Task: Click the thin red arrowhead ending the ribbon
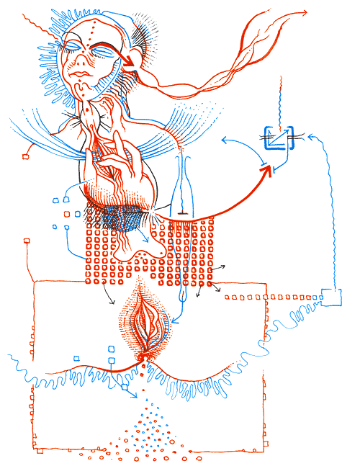click(305, 12)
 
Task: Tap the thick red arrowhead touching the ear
click(130, 63)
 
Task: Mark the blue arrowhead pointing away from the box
click(224, 143)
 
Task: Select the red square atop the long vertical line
click(27, 241)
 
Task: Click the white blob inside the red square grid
click(132, 248)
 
